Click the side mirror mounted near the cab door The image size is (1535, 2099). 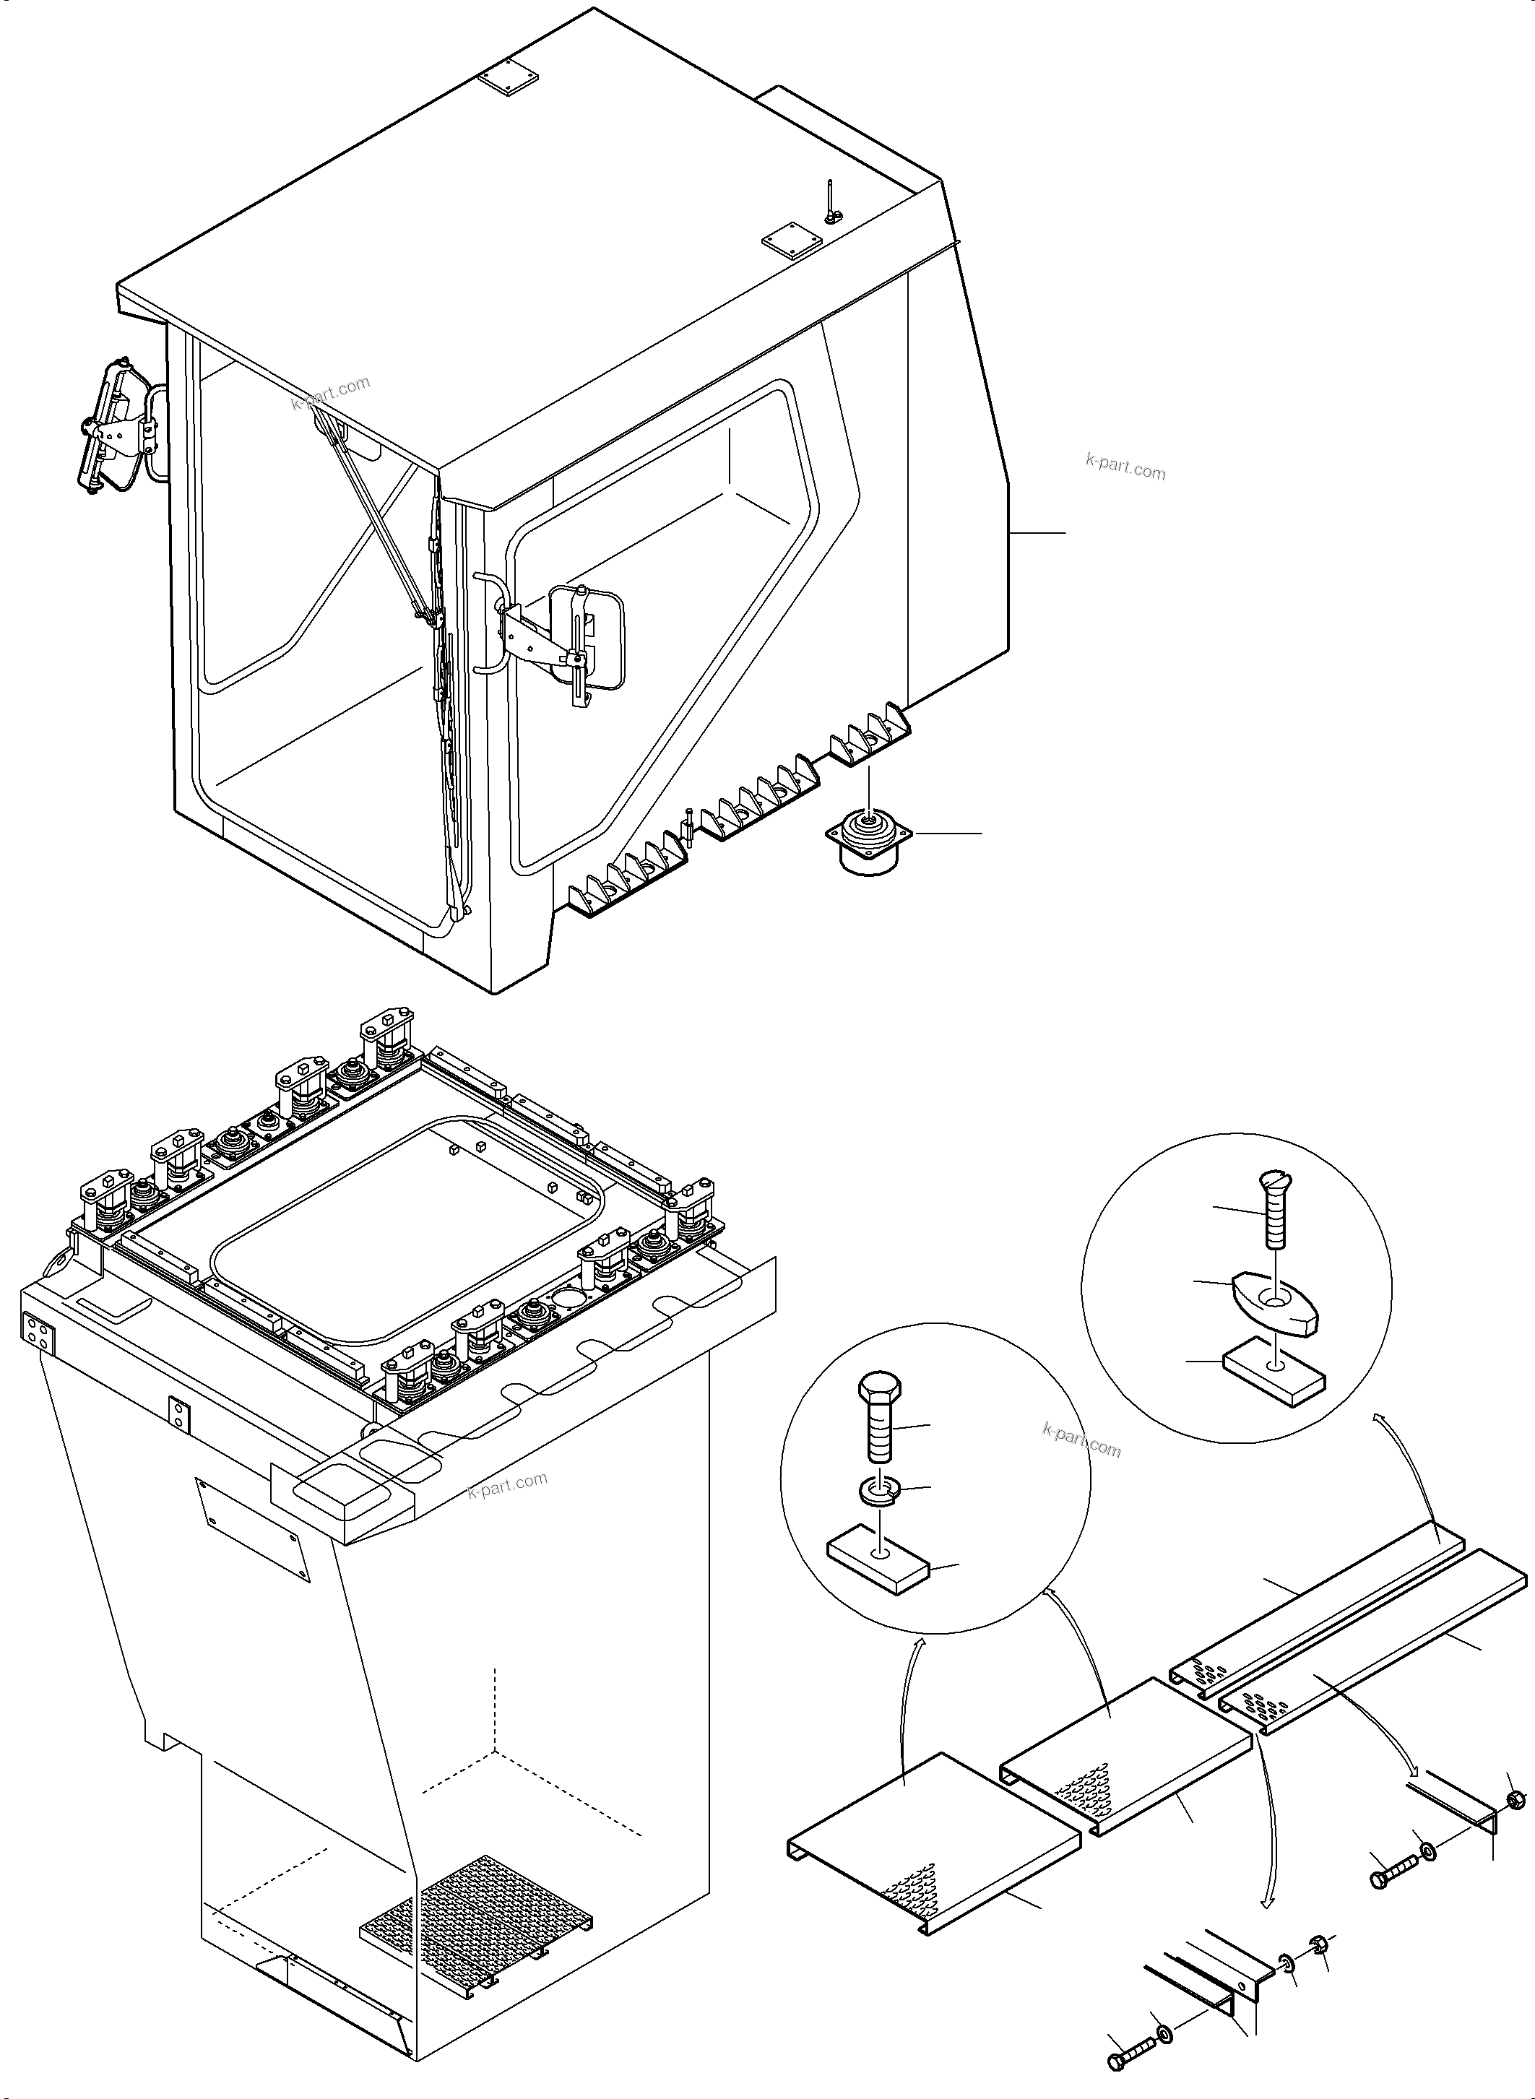click(x=589, y=639)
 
